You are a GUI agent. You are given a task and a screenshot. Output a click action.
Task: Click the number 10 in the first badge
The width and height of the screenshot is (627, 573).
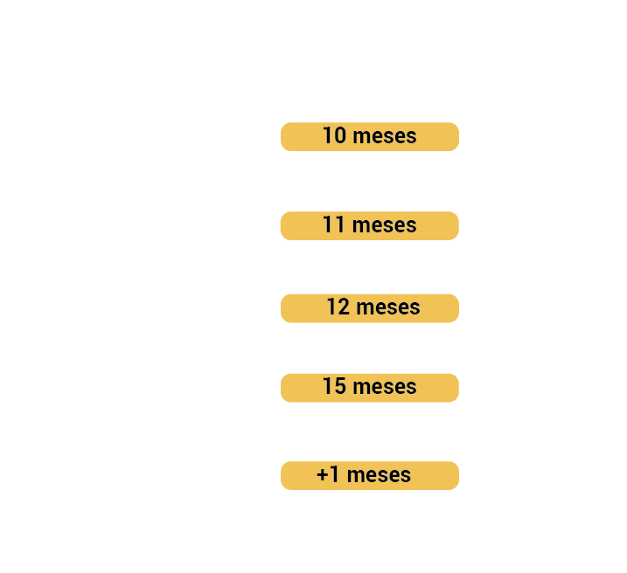click(334, 135)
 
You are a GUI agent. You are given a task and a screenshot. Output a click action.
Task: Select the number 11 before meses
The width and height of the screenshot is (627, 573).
click(333, 224)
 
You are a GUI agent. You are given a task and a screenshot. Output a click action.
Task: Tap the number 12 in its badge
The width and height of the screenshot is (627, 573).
click(338, 307)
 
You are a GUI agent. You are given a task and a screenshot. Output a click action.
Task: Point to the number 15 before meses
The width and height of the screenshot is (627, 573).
click(334, 386)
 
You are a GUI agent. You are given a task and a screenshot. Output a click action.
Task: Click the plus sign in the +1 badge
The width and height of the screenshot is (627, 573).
click(323, 475)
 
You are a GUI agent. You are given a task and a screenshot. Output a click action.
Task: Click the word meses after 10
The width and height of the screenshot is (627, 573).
click(385, 136)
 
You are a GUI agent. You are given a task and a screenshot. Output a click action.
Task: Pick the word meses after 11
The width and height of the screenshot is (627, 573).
click(384, 225)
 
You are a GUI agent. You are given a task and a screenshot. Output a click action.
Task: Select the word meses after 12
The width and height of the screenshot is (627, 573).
click(388, 307)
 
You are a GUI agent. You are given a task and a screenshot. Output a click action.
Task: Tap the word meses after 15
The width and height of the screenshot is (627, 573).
click(385, 387)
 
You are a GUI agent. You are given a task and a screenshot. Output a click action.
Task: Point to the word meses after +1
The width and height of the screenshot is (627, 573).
click(379, 475)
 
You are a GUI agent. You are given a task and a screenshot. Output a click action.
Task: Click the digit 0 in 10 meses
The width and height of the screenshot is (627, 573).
click(340, 135)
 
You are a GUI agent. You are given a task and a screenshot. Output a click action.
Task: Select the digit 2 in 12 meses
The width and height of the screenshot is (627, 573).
click(344, 307)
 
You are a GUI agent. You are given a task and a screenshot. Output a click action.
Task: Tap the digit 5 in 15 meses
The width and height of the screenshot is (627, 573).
click(340, 387)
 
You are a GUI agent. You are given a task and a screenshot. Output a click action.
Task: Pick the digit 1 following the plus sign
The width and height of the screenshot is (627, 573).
click(335, 475)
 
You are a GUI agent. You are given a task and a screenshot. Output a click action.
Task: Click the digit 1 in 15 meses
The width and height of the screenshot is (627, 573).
click(328, 386)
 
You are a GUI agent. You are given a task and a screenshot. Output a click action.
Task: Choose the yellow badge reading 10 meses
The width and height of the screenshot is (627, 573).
click(370, 136)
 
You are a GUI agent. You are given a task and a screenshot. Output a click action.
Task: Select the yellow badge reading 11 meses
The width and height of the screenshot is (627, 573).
click(370, 225)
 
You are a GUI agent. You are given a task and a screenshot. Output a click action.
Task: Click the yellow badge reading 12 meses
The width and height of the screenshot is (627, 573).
click(370, 308)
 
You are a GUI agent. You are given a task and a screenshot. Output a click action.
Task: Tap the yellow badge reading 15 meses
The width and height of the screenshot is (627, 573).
click(370, 388)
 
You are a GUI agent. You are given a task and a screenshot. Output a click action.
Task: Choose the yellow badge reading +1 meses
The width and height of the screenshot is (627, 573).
click(370, 475)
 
